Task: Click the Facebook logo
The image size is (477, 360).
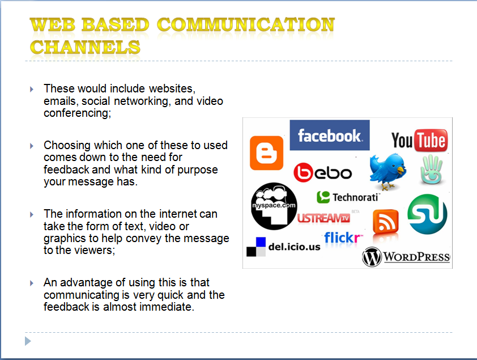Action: (329, 135)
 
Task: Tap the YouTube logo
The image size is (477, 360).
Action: (419, 140)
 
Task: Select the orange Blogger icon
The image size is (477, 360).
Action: (266, 153)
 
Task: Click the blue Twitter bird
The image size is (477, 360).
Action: (387, 171)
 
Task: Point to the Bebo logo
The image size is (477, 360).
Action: (322, 172)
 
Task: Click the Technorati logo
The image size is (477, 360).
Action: (347, 197)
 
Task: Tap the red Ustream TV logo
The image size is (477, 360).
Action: (324, 218)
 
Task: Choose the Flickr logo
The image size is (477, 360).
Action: (343, 238)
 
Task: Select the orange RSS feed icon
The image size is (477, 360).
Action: (386, 222)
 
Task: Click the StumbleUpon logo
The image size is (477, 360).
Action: (427, 213)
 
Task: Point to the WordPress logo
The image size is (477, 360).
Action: (406, 257)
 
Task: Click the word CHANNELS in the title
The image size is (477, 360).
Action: (85, 47)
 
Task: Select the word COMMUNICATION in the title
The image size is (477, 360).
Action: (245, 25)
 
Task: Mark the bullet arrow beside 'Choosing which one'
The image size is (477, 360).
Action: (32, 146)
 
